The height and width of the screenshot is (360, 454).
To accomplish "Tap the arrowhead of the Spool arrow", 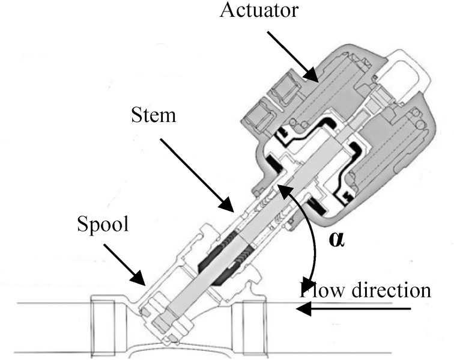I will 143,282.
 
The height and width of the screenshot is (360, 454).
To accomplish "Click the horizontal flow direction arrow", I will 354,310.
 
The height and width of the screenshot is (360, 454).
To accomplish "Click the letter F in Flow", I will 304,290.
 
